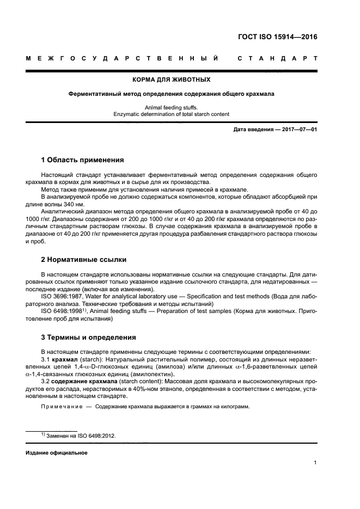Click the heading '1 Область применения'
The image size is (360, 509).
83,160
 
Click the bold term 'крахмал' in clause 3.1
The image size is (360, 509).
64,360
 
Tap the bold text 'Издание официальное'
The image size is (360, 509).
57,453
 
